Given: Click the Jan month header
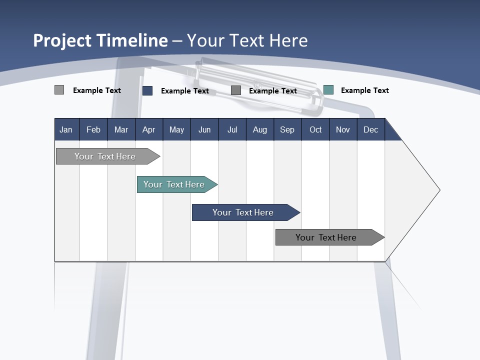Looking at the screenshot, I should tap(66, 129).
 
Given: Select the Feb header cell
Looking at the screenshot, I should tap(93, 129).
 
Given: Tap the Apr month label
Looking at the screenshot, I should tap(148, 129).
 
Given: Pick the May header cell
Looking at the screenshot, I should tap(176, 129).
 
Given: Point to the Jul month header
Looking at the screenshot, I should tap(232, 129).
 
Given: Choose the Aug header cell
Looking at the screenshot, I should tap(260, 129).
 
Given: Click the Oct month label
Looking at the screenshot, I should tap(315, 129).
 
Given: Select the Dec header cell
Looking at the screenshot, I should tap(371, 129).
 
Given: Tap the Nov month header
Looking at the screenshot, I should tap(343, 129).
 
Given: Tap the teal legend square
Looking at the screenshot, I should tap(328, 90).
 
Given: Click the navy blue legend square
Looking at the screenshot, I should tap(147, 90).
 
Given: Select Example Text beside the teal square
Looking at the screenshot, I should tap(364, 90).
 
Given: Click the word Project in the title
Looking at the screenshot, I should tap(62, 40).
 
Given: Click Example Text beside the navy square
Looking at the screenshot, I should tap(184, 91).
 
